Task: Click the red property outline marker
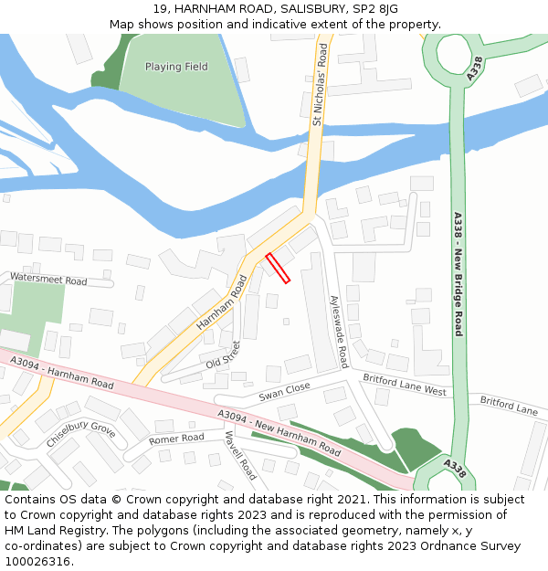click(278, 268)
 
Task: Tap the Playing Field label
click(176, 67)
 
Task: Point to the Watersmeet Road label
click(48, 280)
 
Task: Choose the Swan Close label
click(284, 392)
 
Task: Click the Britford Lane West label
click(404, 384)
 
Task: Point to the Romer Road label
click(176, 439)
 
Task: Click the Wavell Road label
click(240, 456)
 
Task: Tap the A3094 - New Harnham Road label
click(279, 433)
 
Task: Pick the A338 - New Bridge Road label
click(458, 274)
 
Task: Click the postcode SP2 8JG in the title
click(377, 8)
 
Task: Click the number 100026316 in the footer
click(37, 562)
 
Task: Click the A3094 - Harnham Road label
click(62, 373)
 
